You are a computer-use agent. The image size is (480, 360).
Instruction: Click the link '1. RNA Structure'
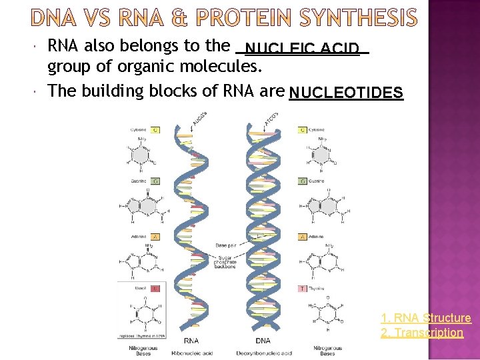(425, 318)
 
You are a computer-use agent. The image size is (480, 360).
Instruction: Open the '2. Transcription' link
(421, 332)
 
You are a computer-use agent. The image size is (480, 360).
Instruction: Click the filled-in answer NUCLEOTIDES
(346, 93)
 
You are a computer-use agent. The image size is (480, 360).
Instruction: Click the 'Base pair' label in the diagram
(225, 245)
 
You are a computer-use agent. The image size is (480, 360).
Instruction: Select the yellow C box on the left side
(155, 130)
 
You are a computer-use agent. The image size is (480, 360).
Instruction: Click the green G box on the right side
(303, 181)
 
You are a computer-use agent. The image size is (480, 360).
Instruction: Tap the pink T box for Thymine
(303, 289)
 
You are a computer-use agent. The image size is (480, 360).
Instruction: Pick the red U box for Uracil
(155, 289)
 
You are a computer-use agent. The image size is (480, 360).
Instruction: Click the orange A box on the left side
(155, 236)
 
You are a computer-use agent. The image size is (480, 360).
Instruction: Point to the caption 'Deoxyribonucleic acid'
(264, 353)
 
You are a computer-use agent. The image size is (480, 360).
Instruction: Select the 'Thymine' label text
(317, 289)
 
